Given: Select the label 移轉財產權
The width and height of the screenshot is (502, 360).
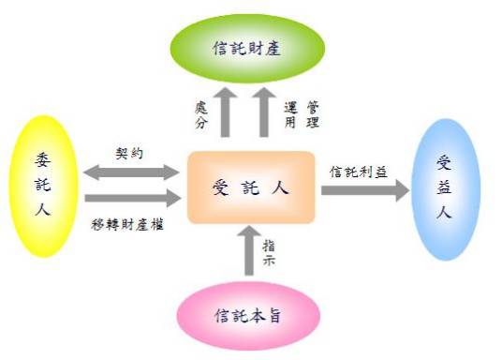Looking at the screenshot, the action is (x=130, y=221).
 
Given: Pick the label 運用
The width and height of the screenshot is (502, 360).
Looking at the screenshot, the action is (x=290, y=114).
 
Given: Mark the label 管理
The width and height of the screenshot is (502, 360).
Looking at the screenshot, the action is (x=312, y=114).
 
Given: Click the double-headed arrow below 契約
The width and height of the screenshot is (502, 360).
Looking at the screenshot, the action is (x=130, y=172).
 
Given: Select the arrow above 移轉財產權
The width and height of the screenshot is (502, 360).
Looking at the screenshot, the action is (x=130, y=198).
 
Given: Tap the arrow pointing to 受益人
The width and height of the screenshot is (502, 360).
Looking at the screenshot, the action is (x=364, y=189).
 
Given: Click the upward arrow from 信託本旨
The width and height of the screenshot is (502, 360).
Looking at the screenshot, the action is (x=248, y=250).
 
